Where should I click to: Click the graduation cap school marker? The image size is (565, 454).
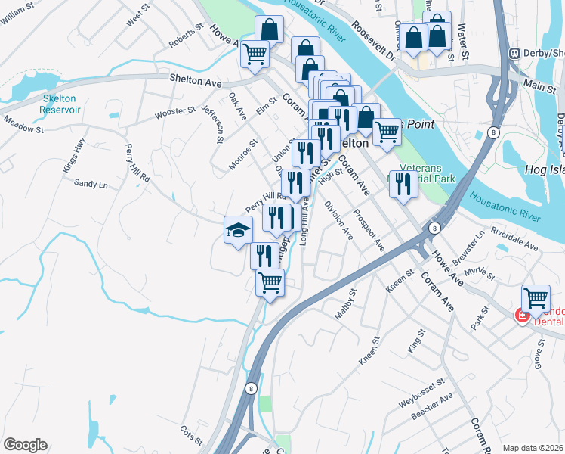point(238,229)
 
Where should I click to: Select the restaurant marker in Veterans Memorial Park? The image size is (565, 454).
point(404,182)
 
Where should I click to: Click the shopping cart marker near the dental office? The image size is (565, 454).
point(536,297)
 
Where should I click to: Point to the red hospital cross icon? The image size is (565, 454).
point(521,313)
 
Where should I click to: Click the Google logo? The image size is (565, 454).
point(25,445)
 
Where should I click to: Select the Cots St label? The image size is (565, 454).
point(191,435)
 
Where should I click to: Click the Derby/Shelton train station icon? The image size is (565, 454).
point(514,53)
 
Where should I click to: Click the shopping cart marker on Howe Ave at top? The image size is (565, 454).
point(255,53)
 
